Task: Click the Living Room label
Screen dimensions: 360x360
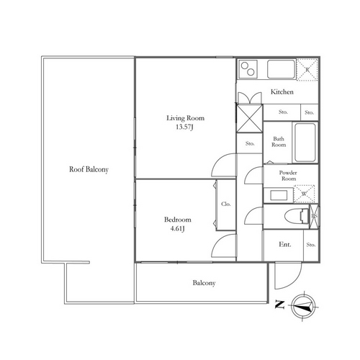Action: point(186,118)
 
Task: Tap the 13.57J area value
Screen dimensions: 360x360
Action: point(184,127)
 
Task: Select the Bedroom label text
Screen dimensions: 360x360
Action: point(178,220)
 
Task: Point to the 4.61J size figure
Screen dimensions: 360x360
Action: point(177,228)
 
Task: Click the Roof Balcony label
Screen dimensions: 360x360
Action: point(89,169)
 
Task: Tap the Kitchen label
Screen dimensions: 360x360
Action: point(282,91)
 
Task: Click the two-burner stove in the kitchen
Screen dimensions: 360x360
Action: point(248,69)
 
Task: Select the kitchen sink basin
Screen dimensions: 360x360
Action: point(281,69)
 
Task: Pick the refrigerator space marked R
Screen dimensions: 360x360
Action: point(307,70)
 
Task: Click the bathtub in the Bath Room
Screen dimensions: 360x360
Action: point(305,143)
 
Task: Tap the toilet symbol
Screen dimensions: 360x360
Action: point(297,216)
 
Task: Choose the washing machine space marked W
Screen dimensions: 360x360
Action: point(304,194)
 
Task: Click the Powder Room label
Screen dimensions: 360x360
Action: point(288,176)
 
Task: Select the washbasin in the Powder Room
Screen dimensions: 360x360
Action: point(279,195)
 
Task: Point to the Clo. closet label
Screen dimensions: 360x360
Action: point(226,204)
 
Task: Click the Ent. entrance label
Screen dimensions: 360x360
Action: point(285,245)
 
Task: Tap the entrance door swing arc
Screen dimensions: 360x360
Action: point(296,282)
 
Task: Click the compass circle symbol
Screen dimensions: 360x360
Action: point(304,306)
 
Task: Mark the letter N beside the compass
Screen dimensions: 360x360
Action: point(279,305)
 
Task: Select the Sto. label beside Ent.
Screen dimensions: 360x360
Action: point(311,245)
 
